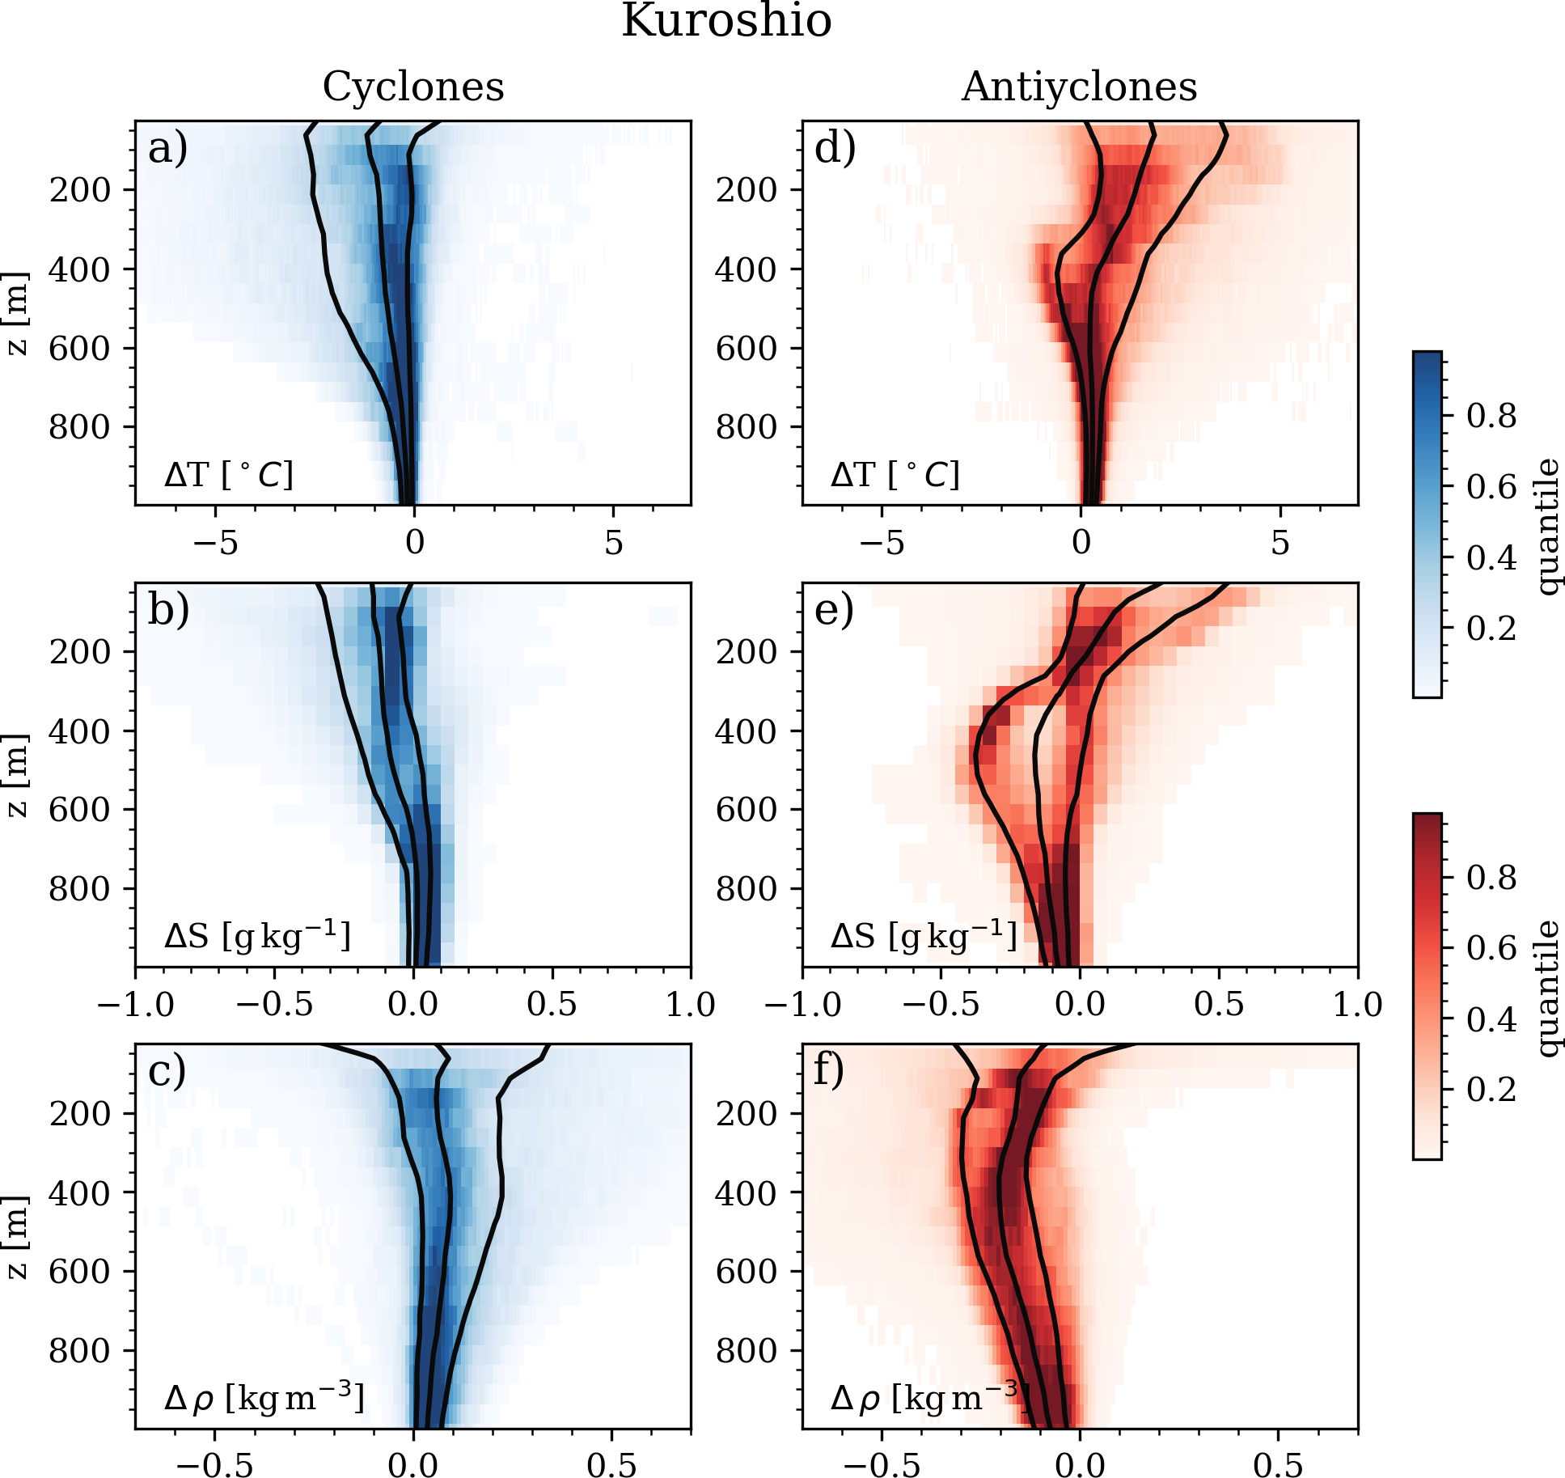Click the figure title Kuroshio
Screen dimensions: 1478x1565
click(725, 21)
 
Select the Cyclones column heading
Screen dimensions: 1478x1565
click(413, 87)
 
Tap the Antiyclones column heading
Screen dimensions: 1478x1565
click(1079, 87)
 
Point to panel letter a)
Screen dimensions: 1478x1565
click(167, 149)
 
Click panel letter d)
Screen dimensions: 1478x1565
click(835, 149)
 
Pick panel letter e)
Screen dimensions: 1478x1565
click(834, 611)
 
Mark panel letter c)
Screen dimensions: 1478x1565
click(167, 1072)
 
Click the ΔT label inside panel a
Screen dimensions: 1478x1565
click(228, 475)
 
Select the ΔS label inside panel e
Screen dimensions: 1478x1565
click(923, 936)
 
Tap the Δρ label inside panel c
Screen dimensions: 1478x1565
click(264, 1397)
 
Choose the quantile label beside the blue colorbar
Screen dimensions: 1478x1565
click(1546, 526)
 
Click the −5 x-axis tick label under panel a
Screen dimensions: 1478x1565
click(215, 543)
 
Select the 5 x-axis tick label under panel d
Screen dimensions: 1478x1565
click(1279, 543)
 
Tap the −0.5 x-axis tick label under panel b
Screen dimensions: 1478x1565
click(274, 1005)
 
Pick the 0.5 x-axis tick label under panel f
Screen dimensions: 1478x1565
click(1278, 1466)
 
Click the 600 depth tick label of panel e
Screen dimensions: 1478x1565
click(746, 810)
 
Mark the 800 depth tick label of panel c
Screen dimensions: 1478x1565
click(79, 1351)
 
